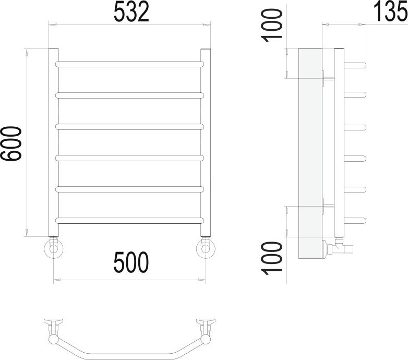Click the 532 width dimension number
click(131, 11)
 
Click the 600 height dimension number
click(11, 143)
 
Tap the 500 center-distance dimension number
click(131, 262)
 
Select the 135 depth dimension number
click(391, 11)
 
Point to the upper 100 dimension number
click(272, 25)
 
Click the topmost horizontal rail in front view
click(129, 64)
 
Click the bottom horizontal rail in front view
click(129, 221)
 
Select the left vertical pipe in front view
click(54, 142)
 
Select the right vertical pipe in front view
click(205, 142)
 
